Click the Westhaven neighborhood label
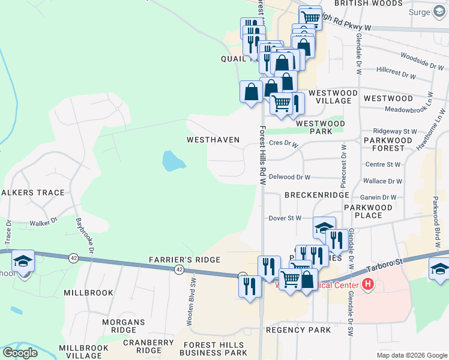pyautogui.click(x=213, y=140)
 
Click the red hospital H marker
pyautogui.click(x=367, y=284)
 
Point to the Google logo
pyautogui.click(x=20, y=353)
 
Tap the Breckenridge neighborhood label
pyautogui.click(x=317, y=196)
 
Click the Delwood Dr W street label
pyautogui.click(x=289, y=177)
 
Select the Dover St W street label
pyautogui.click(x=285, y=218)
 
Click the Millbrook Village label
pyautogui.click(x=85, y=352)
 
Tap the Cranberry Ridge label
pyautogui.click(x=140, y=346)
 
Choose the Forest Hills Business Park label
pyautogui.click(x=214, y=349)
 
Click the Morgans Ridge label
pyautogui.click(x=124, y=326)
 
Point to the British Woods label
pyautogui.click(x=360, y=4)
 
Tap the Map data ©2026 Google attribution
pyautogui.click(x=411, y=355)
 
